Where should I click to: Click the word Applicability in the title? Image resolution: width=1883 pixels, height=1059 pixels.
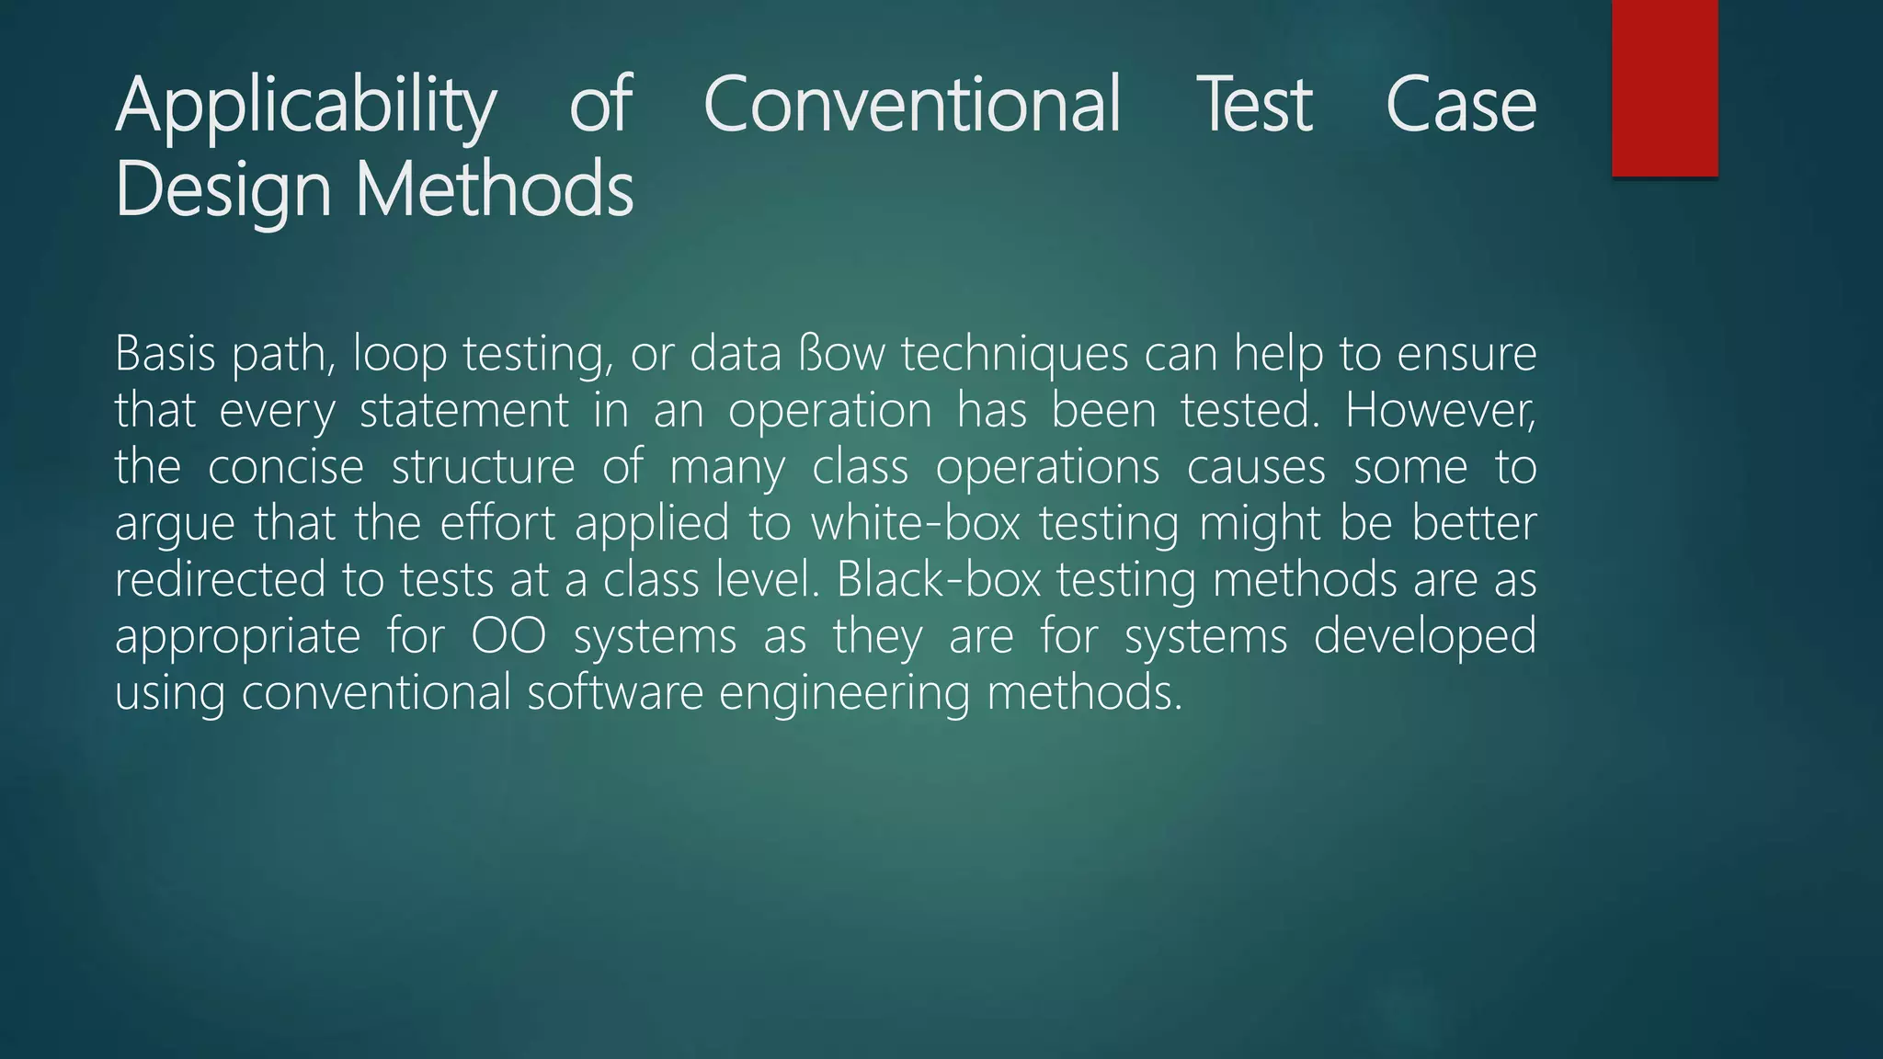[x=305, y=107]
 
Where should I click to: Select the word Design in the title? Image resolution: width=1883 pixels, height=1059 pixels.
[x=223, y=189]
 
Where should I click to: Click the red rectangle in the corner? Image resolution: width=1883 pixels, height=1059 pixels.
[x=1664, y=87]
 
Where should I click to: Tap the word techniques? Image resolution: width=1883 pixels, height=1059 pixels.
[x=1014, y=355]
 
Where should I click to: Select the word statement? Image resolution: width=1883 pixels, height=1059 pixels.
[x=464, y=410]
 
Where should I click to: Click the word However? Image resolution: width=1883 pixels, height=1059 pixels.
[x=1440, y=410]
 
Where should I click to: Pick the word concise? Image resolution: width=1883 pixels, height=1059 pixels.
[x=286, y=467]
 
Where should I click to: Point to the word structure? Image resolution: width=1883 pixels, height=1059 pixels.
[x=484, y=467]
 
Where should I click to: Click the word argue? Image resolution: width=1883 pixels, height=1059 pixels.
[x=175, y=525]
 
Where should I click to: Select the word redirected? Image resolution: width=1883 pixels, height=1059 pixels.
[x=221, y=580]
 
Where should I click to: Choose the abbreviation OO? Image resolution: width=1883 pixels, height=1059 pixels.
[x=508, y=636]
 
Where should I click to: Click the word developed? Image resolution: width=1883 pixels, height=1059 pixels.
[x=1424, y=636]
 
